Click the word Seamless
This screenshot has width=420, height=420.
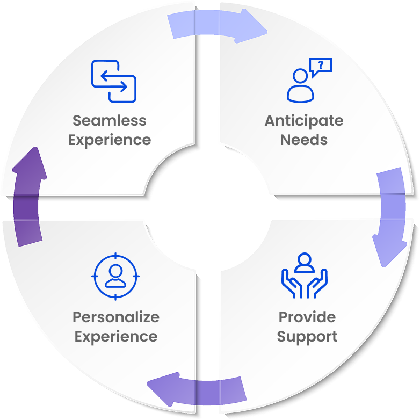point(110,120)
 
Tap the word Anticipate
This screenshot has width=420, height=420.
point(304,120)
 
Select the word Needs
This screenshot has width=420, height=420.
point(304,140)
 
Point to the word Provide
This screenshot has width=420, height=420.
point(307,317)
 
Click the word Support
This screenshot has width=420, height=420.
point(307,337)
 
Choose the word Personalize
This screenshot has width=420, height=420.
point(116,317)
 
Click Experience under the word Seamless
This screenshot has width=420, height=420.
point(110,140)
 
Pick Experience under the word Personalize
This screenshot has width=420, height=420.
point(116,337)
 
